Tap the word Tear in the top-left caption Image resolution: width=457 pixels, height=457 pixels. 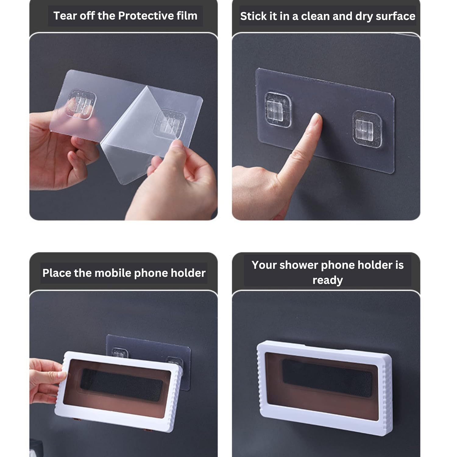click(x=65, y=16)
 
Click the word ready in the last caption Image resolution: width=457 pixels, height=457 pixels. click(x=328, y=280)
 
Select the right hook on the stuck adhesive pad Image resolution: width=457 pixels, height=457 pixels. click(x=367, y=129)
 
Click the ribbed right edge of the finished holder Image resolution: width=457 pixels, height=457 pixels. click(x=384, y=393)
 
